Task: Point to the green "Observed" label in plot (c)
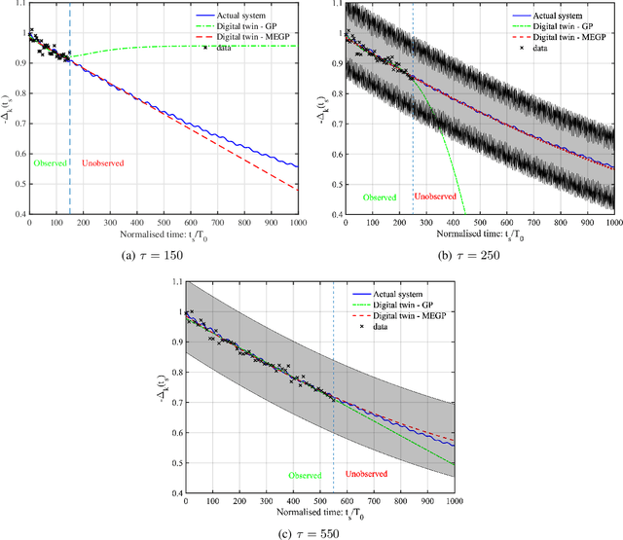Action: tap(308, 476)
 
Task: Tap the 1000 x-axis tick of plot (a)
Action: tap(296, 224)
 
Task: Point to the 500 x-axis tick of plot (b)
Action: tap(479, 224)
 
